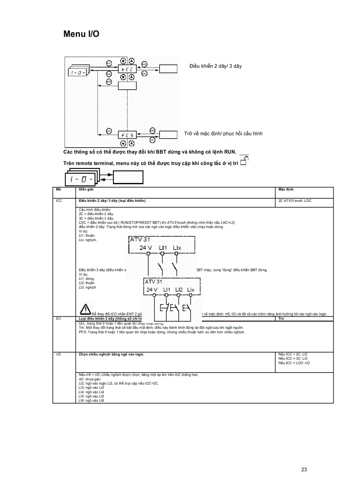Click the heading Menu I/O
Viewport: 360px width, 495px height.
click(x=81, y=34)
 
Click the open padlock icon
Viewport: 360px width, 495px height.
click(x=245, y=161)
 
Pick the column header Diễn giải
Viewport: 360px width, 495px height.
click(x=86, y=189)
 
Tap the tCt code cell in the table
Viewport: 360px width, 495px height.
click(x=59, y=318)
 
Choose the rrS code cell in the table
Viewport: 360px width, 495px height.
click(x=59, y=354)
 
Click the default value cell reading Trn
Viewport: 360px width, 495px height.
click(x=281, y=318)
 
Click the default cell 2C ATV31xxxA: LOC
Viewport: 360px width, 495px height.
click(x=295, y=201)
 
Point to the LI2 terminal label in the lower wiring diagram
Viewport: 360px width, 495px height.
click(x=179, y=290)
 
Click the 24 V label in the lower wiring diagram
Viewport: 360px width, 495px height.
click(x=153, y=290)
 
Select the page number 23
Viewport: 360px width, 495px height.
click(x=304, y=469)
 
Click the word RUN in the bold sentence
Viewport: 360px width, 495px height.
click(x=229, y=152)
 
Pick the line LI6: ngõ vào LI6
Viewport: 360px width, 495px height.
click(x=91, y=400)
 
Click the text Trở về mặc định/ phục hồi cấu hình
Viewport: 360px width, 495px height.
click(x=223, y=134)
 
